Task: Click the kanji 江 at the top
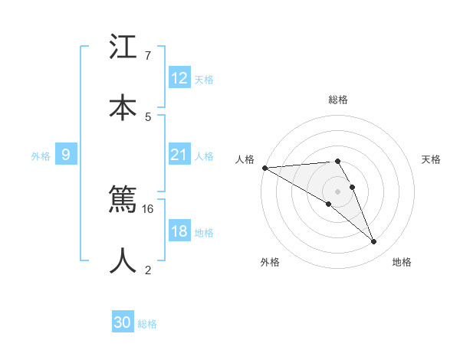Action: (123, 47)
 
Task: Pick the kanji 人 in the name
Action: (123, 260)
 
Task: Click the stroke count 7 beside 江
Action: (147, 56)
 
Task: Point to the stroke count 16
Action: (149, 208)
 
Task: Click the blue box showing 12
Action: (179, 78)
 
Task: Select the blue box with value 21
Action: (179, 155)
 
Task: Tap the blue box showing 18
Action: (179, 231)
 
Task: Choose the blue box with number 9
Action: (66, 155)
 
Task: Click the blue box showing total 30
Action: (123, 322)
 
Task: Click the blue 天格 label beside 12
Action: (204, 80)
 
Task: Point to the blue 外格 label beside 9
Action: (41, 156)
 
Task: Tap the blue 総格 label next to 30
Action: (147, 324)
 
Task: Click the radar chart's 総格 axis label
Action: (338, 100)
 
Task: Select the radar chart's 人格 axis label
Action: (244, 159)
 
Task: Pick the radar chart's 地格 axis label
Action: (402, 262)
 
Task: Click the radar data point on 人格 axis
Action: (264, 168)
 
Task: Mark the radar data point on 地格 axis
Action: (373, 242)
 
